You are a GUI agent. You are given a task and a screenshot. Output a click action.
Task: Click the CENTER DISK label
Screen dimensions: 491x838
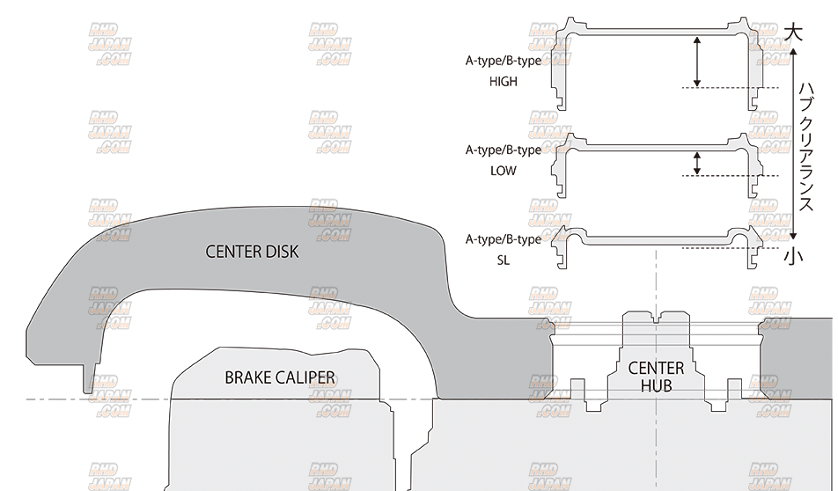click(252, 252)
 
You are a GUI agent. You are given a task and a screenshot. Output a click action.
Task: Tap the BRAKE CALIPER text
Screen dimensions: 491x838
click(280, 377)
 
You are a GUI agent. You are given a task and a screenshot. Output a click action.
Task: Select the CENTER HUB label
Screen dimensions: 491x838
click(656, 377)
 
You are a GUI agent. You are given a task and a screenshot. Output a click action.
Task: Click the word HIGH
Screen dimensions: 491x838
click(504, 81)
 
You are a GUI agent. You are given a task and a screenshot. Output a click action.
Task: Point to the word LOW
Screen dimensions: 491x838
click(504, 172)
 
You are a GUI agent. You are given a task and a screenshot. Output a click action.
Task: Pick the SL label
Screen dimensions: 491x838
click(504, 261)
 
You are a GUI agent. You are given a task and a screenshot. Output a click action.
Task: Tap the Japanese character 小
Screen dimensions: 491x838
click(793, 256)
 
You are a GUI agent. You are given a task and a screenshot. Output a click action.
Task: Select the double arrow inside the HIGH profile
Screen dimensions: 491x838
click(696, 61)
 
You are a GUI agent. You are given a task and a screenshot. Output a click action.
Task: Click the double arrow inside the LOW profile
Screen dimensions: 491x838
click(696, 163)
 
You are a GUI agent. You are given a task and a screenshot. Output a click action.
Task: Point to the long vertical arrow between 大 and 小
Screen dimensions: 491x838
click(793, 145)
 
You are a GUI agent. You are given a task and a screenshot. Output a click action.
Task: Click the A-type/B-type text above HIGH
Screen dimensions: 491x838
click(504, 62)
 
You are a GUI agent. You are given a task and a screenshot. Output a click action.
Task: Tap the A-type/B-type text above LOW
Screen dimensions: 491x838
click(504, 150)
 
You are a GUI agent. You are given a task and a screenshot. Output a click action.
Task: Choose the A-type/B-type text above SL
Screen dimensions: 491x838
click(504, 240)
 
